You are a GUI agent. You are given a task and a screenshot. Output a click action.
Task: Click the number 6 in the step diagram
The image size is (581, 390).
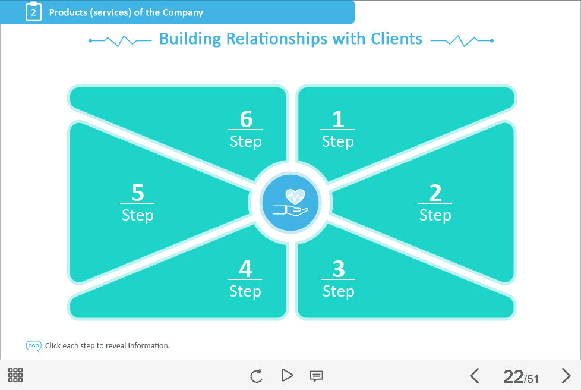point(246,119)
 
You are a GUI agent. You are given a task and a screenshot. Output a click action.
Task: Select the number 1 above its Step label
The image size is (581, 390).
point(338,119)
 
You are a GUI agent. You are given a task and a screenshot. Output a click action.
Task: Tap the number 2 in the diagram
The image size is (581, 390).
point(435,193)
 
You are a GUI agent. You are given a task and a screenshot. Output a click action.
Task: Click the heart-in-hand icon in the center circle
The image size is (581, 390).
point(290,202)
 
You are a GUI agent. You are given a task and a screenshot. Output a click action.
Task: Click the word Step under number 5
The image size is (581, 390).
point(138,215)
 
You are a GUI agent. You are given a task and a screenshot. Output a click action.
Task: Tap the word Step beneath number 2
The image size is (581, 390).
point(435,215)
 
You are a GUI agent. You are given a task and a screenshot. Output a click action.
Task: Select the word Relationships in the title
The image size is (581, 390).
point(277,39)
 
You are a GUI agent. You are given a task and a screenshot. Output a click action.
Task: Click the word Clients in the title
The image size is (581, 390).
point(396,39)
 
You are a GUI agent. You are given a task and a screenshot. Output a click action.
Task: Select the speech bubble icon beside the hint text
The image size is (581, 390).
point(34,346)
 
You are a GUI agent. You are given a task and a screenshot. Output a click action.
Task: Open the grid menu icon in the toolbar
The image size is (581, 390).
point(15,375)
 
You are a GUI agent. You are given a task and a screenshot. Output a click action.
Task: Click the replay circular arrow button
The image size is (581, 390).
point(256,376)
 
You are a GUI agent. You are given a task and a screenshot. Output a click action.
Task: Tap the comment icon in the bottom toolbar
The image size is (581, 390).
point(317,376)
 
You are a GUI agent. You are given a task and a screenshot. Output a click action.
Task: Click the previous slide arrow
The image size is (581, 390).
point(475,376)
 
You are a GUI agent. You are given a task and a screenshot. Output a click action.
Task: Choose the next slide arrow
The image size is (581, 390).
point(566,376)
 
